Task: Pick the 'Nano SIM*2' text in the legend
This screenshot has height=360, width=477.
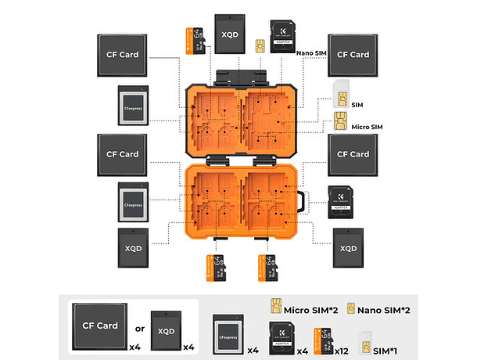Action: click(x=385, y=310)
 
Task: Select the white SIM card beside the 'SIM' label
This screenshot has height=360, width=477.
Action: click(x=340, y=94)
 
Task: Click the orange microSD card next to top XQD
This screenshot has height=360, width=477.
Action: click(x=195, y=41)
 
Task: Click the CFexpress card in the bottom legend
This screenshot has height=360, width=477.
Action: click(x=228, y=329)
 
